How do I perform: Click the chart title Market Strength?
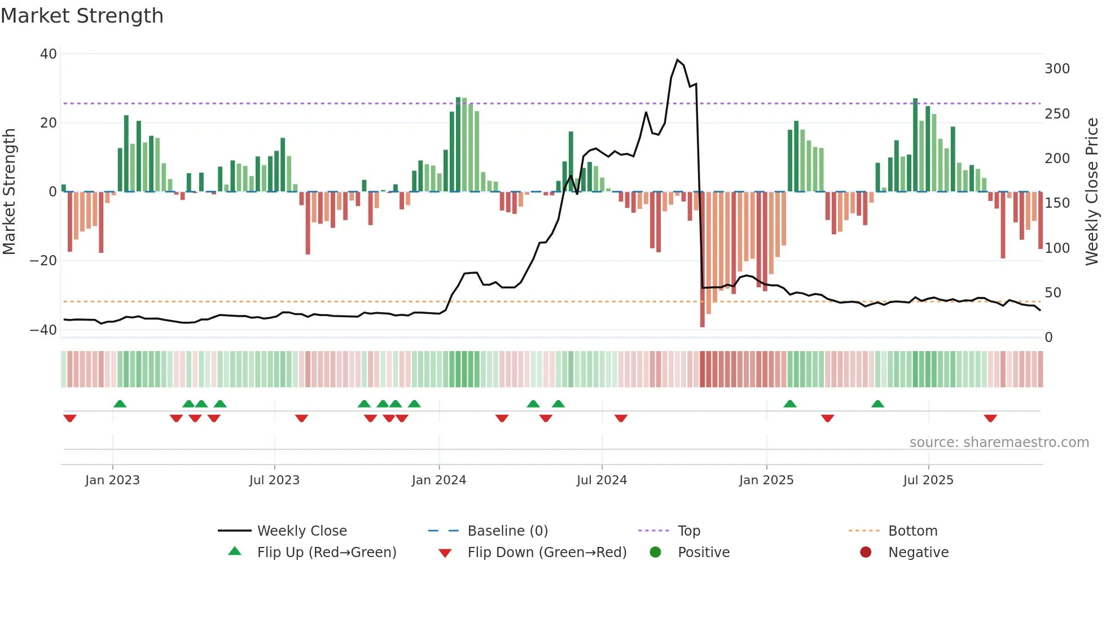82,16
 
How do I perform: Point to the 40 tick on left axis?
49,54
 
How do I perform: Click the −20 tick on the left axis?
43,261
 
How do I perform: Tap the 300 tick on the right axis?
1057,69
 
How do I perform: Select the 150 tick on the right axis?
1057,203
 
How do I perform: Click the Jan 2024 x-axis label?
438,480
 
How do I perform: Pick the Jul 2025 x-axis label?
928,480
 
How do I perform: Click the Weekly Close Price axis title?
1092,192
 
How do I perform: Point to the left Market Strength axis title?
10,192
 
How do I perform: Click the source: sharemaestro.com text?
999,443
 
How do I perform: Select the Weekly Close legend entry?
302,531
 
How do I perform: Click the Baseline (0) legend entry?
507,531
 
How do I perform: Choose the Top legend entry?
688,531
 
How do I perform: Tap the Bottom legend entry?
912,531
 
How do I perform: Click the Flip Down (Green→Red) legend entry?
547,553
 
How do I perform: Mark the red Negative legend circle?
866,553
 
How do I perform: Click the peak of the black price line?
678,60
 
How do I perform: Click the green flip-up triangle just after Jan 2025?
790,404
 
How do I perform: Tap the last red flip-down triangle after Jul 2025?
990,418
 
